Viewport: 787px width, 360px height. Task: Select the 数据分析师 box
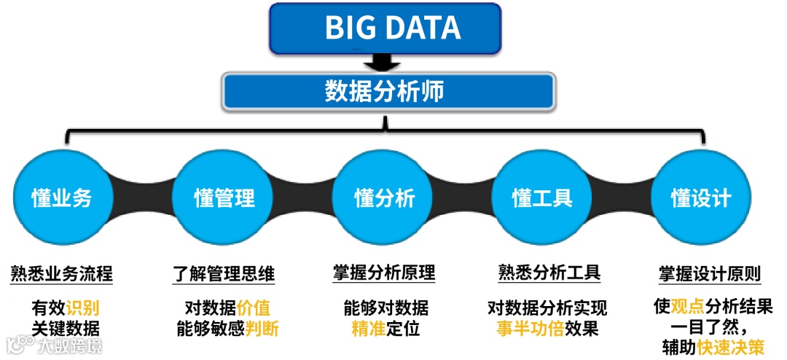coord(388,91)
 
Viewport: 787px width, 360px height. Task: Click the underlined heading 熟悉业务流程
coord(62,275)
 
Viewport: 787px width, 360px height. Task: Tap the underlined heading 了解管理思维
coord(224,275)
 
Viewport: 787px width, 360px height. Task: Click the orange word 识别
coord(83,307)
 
